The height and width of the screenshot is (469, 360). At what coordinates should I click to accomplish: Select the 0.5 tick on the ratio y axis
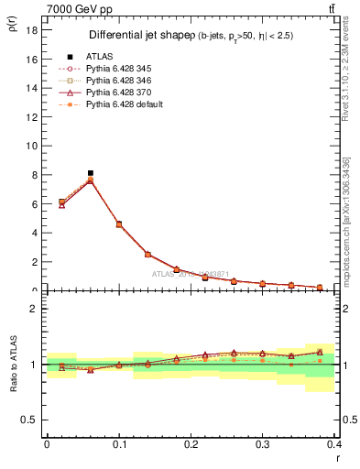pyautogui.click(x=28, y=420)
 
